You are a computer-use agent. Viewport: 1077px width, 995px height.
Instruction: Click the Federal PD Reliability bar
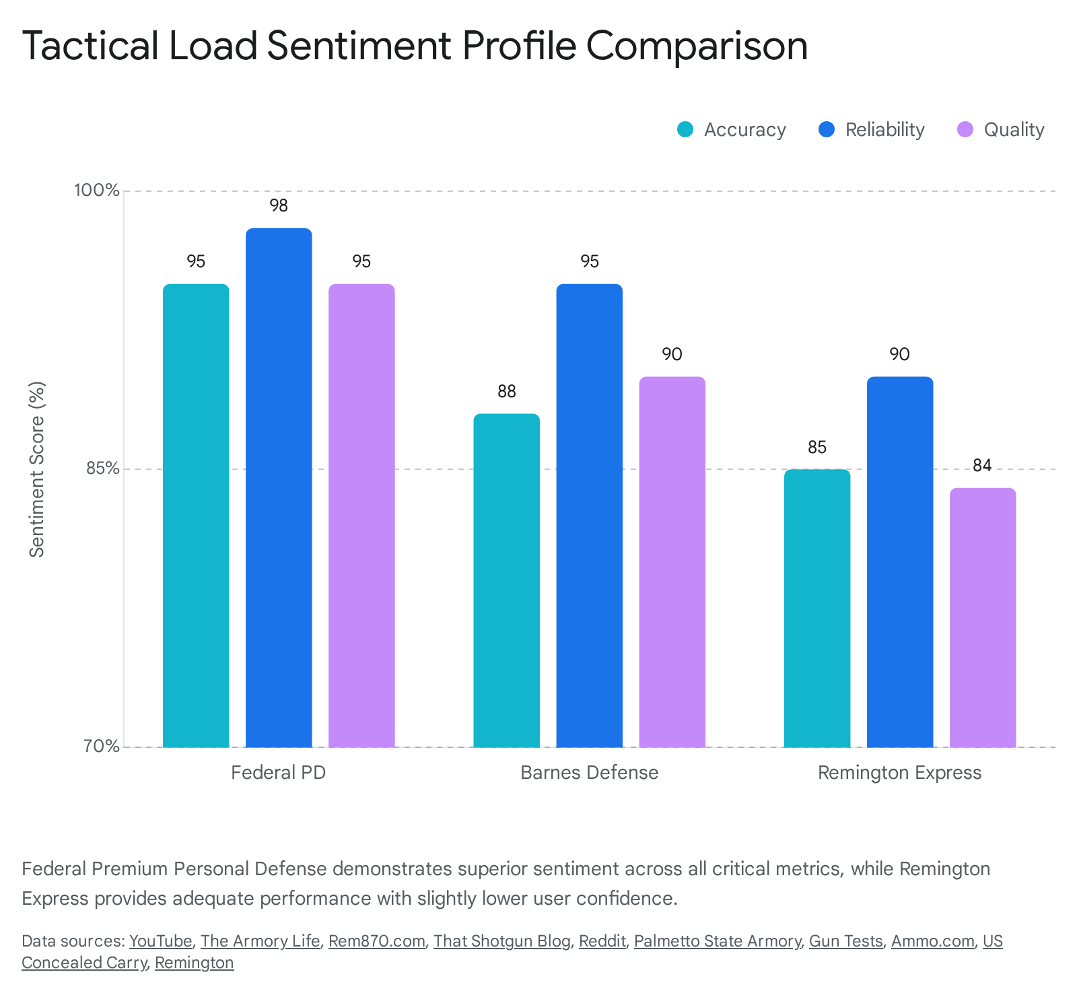279,488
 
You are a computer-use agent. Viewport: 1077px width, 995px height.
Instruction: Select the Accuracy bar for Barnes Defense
507,581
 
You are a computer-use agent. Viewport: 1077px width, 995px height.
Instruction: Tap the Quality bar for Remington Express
983,618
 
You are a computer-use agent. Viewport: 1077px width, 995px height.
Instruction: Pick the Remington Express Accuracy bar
817,609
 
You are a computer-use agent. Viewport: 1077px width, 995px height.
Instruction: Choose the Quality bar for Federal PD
361,516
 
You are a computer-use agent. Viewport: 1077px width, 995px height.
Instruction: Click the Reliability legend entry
871,129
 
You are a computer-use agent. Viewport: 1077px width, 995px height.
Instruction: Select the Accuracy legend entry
731,129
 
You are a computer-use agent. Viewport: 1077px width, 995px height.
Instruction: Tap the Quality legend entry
1000,129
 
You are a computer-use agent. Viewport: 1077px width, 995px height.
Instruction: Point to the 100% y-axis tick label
96,191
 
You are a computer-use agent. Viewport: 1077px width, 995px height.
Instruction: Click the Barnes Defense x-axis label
590,772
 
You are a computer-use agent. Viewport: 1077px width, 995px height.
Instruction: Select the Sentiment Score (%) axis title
37,469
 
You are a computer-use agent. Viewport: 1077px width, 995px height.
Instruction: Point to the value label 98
279,206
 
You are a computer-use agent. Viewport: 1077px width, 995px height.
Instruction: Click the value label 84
983,466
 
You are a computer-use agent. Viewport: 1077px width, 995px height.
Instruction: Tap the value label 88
507,391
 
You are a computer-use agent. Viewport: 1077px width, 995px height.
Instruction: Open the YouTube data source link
161,941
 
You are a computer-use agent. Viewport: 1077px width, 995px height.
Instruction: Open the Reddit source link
602,941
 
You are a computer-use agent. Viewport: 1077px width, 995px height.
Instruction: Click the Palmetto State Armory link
718,941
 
